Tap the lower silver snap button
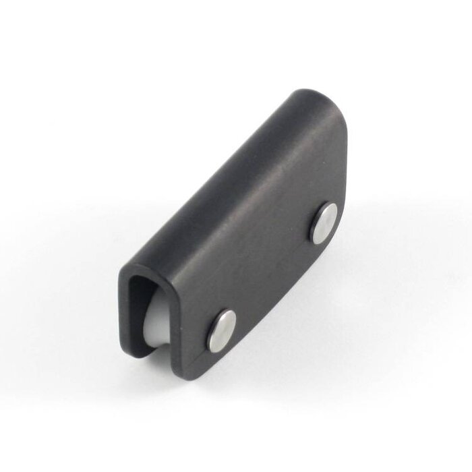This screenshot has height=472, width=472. (222, 330)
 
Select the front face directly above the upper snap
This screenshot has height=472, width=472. (317, 182)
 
